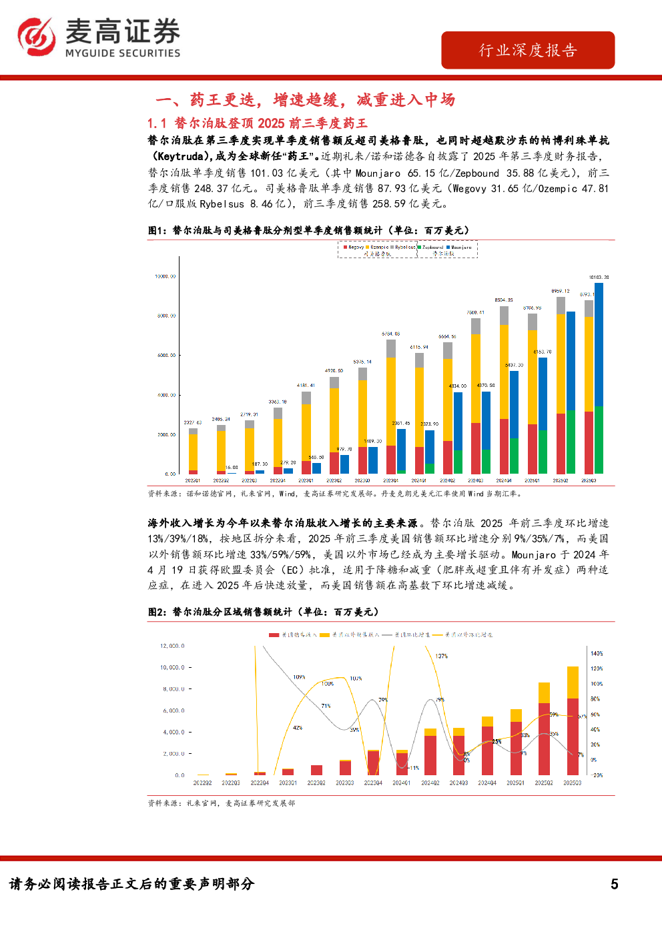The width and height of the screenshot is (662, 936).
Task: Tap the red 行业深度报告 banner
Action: point(527,50)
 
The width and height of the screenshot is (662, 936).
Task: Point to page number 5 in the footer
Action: point(614,884)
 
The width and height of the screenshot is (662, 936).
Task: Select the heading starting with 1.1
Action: point(257,123)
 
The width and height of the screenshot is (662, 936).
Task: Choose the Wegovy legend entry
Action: point(354,247)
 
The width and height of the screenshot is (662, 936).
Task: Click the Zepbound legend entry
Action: point(430,247)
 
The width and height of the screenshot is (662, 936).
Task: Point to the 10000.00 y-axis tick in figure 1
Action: point(165,276)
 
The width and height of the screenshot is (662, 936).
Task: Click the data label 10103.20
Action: point(599,277)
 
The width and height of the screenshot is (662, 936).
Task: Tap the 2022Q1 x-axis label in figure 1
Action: point(192,480)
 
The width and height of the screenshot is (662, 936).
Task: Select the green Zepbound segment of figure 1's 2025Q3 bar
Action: point(599,440)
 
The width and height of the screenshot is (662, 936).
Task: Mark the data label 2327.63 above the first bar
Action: point(193,422)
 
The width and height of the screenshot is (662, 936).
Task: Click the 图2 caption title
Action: point(263,612)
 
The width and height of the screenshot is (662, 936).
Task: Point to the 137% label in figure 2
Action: point(441,656)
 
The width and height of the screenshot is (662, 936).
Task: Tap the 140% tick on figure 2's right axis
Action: point(597,654)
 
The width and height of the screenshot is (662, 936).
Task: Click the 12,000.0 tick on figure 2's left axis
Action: point(172,646)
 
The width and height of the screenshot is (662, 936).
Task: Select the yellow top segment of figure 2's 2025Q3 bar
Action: point(573,682)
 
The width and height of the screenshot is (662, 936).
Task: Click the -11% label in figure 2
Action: point(414,768)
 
